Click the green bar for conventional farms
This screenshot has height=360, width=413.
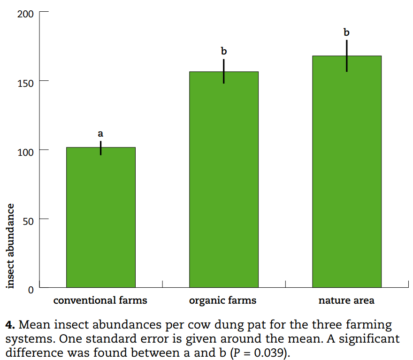(x=101, y=217)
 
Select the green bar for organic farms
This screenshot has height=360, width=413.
(x=224, y=179)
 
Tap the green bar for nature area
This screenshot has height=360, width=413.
(x=347, y=171)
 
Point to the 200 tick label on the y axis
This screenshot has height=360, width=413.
(x=25, y=14)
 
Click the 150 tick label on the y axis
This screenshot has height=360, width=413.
(x=25, y=83)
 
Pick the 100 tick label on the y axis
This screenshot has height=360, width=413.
(x=25, y=152)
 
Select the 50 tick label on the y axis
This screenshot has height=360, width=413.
(x=28, y=221)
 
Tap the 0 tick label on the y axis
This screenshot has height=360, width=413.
(x=31, y=290)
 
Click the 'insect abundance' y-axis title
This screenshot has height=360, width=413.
(x=11, y=245)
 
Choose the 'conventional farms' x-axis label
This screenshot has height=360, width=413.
(x=100, y=300)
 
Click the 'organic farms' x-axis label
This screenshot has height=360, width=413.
(x=223, y=300)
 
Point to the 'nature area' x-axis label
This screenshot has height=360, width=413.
(x=346, y=300)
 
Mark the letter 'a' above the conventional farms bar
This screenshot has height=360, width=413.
(x=100, y=134)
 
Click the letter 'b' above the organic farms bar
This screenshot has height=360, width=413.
(x=224, y=50)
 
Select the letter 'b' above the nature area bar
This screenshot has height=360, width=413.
(x=347, y=32)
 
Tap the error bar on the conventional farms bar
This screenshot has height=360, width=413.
(x=100, y=148)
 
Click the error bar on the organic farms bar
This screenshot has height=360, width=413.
(x=224, y=71)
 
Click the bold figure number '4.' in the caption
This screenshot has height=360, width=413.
(x=11, y=325)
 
